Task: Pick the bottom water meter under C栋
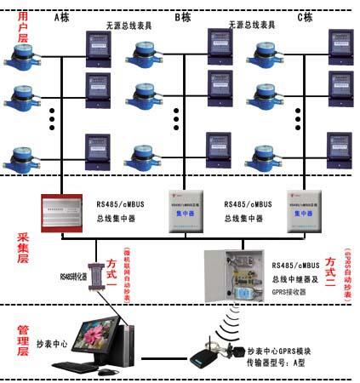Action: pos(267,156)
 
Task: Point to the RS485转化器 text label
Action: pos(72,276)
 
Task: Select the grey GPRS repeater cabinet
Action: pos(235,271)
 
